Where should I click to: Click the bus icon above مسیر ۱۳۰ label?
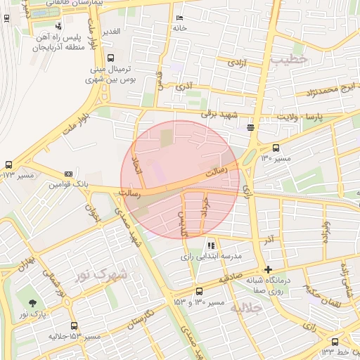(276, 148)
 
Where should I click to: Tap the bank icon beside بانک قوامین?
(68, 174)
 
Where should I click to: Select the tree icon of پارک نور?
(32, 302)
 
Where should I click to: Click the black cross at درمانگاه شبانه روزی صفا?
(267, 269)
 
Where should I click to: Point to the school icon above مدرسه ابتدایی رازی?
(210, 245)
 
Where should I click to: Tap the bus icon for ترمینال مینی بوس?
(110, 59)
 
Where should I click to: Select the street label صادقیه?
(228, 279)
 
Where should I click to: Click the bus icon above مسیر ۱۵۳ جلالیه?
(75, 326)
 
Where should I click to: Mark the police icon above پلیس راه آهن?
(58, 27)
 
